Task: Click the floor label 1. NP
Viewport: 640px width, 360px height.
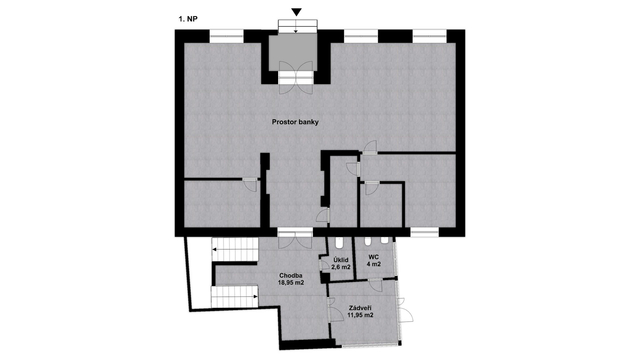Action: tap(188, 19)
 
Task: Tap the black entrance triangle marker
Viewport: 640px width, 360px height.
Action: tap(297, 12)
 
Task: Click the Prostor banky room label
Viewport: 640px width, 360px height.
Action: tap(295, 122)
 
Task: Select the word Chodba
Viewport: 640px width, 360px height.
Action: tap(291, 275)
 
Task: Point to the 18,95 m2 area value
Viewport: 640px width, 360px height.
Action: tap(291, 282)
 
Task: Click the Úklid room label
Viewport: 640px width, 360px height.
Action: tap(341, 260)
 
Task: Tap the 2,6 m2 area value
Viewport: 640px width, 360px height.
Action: tap(341, 267)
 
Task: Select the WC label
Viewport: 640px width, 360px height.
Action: tap(373, 257)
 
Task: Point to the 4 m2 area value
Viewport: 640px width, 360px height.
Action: tap(373, 264)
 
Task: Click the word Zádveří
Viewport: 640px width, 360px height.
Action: tap(360, 308)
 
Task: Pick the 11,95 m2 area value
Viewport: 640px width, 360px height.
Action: tap(360, 315)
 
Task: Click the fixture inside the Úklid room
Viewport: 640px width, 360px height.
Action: tap(339, 243)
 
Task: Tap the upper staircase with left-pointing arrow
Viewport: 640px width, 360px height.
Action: tap(235, 249)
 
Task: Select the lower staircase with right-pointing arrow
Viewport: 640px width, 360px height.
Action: tap(235, 297)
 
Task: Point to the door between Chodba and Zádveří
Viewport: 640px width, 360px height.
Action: tap(336, 309)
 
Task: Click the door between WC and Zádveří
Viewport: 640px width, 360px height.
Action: tap(376, 284)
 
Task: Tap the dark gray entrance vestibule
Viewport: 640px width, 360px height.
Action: tap(293, 52)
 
